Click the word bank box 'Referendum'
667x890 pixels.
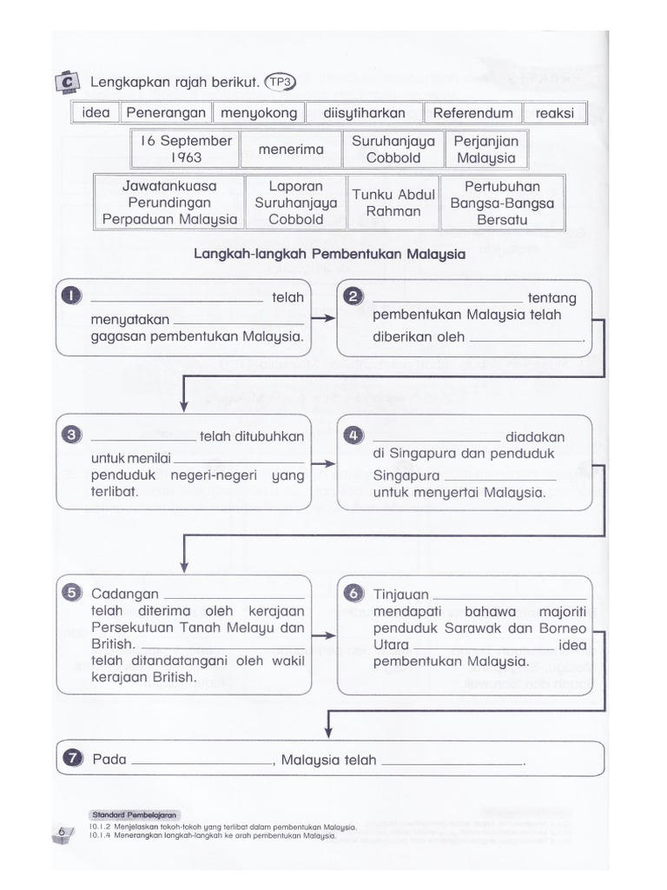[473, 113]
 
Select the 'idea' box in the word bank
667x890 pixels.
[96, 113]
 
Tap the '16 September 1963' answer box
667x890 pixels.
[186, 149]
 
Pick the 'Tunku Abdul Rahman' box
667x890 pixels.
[393, 203]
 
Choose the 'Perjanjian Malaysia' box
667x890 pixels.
[486, 149]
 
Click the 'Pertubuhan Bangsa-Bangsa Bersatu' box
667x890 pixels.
[502, 203]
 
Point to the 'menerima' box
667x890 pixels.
[291, 149]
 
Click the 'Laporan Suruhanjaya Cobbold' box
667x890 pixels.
[295, 203]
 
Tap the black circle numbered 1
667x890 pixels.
[71, 297]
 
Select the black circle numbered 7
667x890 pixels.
[71, 759]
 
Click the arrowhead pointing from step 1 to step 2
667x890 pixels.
[329, 318]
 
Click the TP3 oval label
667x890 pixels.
[281, 82]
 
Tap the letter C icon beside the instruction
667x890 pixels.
[67, 82]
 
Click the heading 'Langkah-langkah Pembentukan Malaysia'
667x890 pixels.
[329, 255]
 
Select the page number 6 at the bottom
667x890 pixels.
[63, 832]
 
